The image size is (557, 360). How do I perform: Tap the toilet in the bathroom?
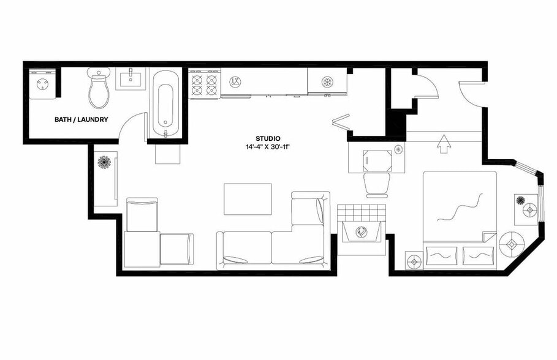point(99,89)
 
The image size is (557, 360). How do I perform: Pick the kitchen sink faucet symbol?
point(234,81)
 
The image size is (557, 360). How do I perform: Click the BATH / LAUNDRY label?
point(81,119)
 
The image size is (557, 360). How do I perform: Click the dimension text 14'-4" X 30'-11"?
point(268,148)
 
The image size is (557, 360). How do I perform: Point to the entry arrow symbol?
point(444,146)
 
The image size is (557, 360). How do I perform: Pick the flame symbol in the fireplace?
point(362,232)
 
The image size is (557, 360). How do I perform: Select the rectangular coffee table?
point(248,199)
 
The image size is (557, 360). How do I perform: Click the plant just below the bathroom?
point(105,163)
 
